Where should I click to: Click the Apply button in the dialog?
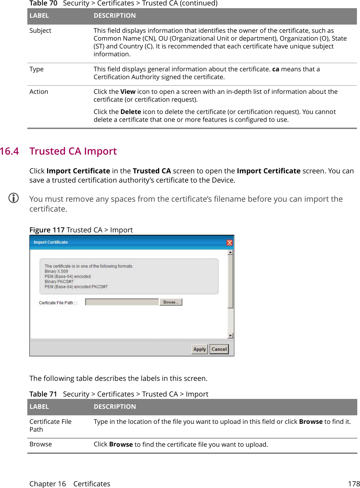click(199, 349)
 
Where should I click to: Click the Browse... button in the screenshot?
click(171, 302)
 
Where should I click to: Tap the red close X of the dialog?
click(230, 242)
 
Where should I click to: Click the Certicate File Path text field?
click(122, 302)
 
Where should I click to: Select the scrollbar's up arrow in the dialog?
click(231, 253)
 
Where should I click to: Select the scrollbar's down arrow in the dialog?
click(231, 336)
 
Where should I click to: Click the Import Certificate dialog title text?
click(51, 242)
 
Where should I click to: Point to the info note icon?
click(14, 198)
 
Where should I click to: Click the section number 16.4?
click(10, 151)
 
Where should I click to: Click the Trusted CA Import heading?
click(73, 151)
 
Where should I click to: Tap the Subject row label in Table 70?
click(40, 31)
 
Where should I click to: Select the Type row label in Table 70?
click(37, 69)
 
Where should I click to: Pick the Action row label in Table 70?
click(39, 92)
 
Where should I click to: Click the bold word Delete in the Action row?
click(130, 112)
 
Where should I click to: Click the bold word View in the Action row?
click(128, 92)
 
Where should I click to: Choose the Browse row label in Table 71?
click(41, 444)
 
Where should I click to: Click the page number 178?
click(354, 484)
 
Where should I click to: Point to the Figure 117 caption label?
click(47, 230)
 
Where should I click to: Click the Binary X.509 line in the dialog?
click(56, 271)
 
